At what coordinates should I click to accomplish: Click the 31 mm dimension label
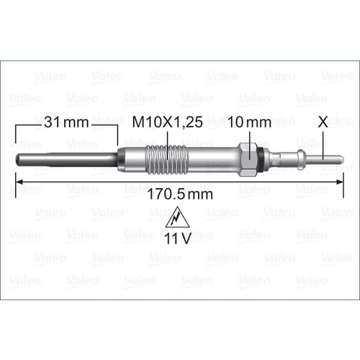point(66,122)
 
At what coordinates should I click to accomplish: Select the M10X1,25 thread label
point(168,122)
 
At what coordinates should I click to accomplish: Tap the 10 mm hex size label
point(249,122)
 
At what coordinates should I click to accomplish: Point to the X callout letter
point(323,122)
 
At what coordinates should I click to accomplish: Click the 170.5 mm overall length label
point(180,194)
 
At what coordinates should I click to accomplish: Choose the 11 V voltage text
point(177,238)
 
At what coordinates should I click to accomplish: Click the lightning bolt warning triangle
point(177,217)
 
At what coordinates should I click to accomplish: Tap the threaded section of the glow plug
point(167,159)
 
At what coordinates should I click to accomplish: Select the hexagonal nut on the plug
point(247,159)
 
